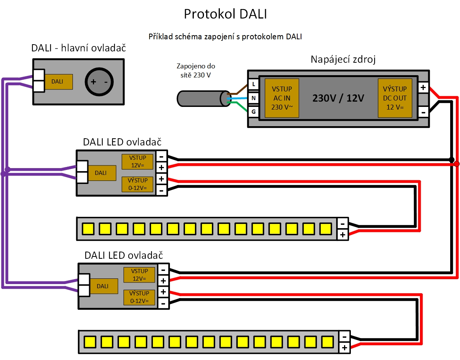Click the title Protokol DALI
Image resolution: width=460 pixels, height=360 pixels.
click(x=225, y=14)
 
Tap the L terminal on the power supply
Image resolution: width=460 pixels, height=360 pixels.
click(x=253, y=84)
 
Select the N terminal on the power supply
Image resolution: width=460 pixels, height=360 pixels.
click(x=253, y=98)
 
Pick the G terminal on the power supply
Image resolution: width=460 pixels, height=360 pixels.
click(x=253, y=112)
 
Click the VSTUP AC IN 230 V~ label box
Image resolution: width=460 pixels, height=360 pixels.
click(x=282, y=98)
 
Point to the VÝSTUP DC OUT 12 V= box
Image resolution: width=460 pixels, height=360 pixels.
click(x=395, y=98)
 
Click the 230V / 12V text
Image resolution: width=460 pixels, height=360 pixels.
click(x=338, y=98)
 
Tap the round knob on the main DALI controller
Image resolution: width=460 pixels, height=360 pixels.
click(x=99, y=82)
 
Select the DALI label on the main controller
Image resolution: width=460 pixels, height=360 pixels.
click(x=57, y=82)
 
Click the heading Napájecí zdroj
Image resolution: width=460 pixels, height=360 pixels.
click(x=343, y=60)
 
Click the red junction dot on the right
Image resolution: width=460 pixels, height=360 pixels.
click(x=457, y=164)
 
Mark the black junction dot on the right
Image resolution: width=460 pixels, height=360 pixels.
click(x=452, y=159)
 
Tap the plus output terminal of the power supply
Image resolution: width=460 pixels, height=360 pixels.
click(x=423, y=88)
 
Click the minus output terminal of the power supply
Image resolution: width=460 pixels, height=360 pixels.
click(x=423, y=112)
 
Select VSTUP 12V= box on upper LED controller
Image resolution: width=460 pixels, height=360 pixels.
click(x=137, y=162)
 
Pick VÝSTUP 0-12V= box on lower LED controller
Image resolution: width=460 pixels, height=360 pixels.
click(x=139, y=297)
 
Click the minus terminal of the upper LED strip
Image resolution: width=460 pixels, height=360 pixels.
click(x=342, y=224)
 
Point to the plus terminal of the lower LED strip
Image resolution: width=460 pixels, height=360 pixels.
click(x=344, y=348)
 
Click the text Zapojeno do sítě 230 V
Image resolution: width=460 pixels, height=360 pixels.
click(x=196, y=71)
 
